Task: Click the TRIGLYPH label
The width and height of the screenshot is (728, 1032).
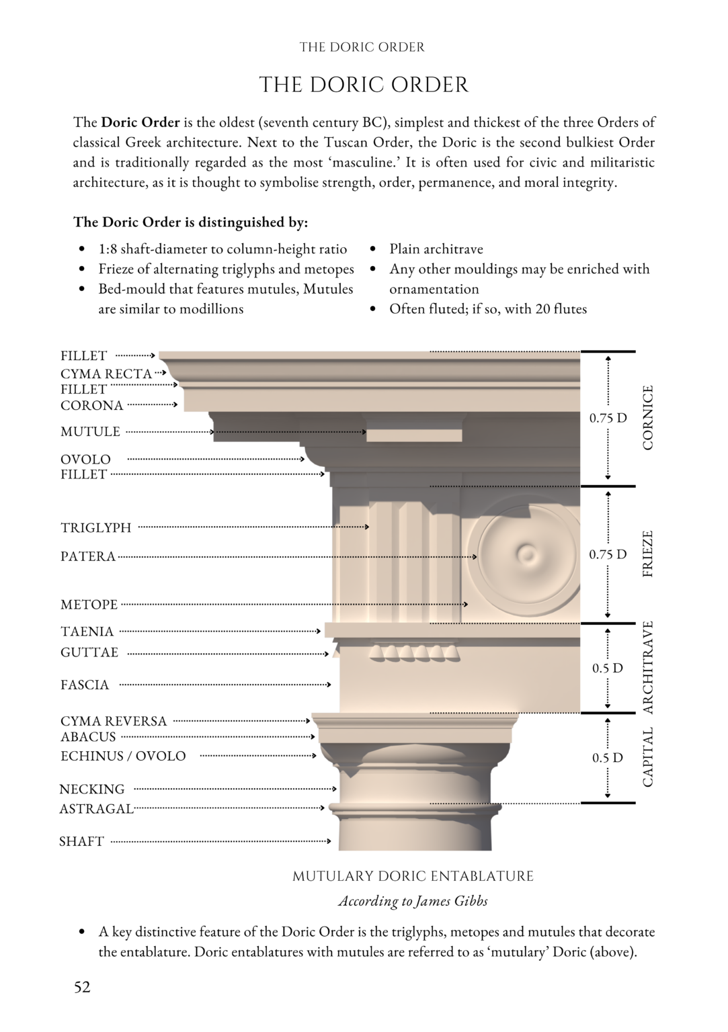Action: click(95, 528)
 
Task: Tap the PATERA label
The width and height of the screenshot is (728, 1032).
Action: click(87, 556)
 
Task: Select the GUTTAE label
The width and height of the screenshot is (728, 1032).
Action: click(89, 652)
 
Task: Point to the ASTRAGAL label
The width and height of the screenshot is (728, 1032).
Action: click(96, 809)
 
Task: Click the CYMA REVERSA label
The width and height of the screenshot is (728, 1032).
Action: click(113, 721)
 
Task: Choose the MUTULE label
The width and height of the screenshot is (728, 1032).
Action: click(90, 432)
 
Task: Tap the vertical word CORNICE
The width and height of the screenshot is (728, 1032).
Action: click(648, 417)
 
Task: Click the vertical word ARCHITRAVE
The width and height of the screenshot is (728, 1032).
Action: click(648, 667)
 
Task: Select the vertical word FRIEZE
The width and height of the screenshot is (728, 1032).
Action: click(648, 554)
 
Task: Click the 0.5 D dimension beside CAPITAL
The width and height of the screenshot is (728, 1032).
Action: click(607, 758)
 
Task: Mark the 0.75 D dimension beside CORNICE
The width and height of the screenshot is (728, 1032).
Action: click(608, 418)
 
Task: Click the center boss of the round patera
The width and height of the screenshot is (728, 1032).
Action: click(526, 554)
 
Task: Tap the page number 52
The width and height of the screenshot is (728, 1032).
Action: click(82, 987)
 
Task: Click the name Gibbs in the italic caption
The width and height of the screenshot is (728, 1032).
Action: click(471, 901)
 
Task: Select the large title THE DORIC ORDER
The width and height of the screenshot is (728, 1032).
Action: click(364, 85)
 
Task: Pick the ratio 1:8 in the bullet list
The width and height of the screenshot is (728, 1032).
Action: click(107, 249)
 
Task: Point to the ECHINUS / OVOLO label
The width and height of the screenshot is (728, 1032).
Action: click(123, 756)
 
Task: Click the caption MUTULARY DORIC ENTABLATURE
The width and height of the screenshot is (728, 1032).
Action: click(413, 876)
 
